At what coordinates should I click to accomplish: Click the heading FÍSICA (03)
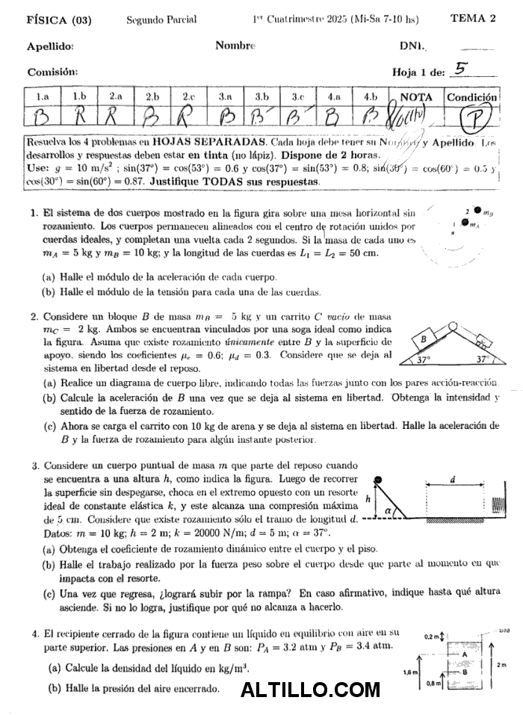58,20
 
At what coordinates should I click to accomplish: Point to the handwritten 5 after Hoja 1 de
461,69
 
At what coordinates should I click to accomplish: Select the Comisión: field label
52,72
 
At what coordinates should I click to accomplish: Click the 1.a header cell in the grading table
43,97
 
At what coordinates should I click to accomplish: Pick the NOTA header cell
416,97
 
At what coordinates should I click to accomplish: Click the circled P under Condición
472,119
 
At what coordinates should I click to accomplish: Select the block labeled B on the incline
423,338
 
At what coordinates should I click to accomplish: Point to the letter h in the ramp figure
368,498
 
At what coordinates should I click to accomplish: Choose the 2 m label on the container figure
502,664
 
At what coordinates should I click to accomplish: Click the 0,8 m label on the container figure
433,682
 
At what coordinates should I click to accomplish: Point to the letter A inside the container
465,654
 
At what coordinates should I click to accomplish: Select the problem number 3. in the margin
35,465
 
